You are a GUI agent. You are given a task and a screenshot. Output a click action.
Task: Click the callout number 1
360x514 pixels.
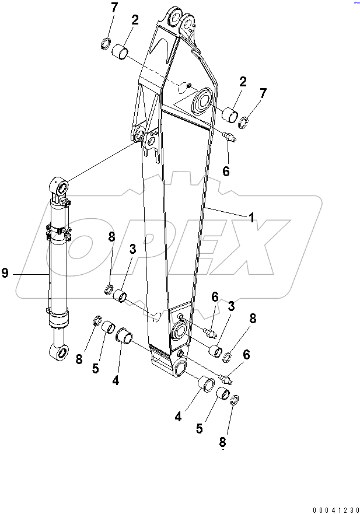pos(251,218)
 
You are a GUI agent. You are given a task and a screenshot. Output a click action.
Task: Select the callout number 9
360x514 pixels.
pos(5,273)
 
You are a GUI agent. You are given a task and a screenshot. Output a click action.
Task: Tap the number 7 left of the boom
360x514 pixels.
pos(114,8)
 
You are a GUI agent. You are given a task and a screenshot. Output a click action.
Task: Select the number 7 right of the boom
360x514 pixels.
pos(263,93)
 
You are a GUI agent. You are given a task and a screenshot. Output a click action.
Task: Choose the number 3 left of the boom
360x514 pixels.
pos(132,249)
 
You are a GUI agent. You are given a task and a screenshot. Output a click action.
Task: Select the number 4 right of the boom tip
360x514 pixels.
pos(178,417)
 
